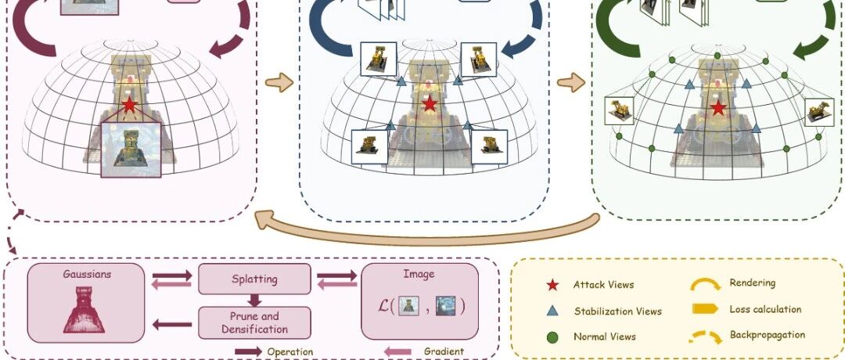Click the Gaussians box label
87,274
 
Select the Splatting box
254,279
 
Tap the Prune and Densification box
254,322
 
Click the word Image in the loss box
419,274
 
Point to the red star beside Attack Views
552,285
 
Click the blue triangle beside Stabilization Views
552,311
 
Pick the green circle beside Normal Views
552,337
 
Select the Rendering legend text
753,283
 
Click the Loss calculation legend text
765,309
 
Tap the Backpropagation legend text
768,335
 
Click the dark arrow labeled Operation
249,352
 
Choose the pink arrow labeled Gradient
397,352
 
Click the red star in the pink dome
129,105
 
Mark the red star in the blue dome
429,103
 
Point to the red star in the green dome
717,107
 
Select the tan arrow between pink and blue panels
279,82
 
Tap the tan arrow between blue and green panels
570,82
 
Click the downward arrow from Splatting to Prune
254,301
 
